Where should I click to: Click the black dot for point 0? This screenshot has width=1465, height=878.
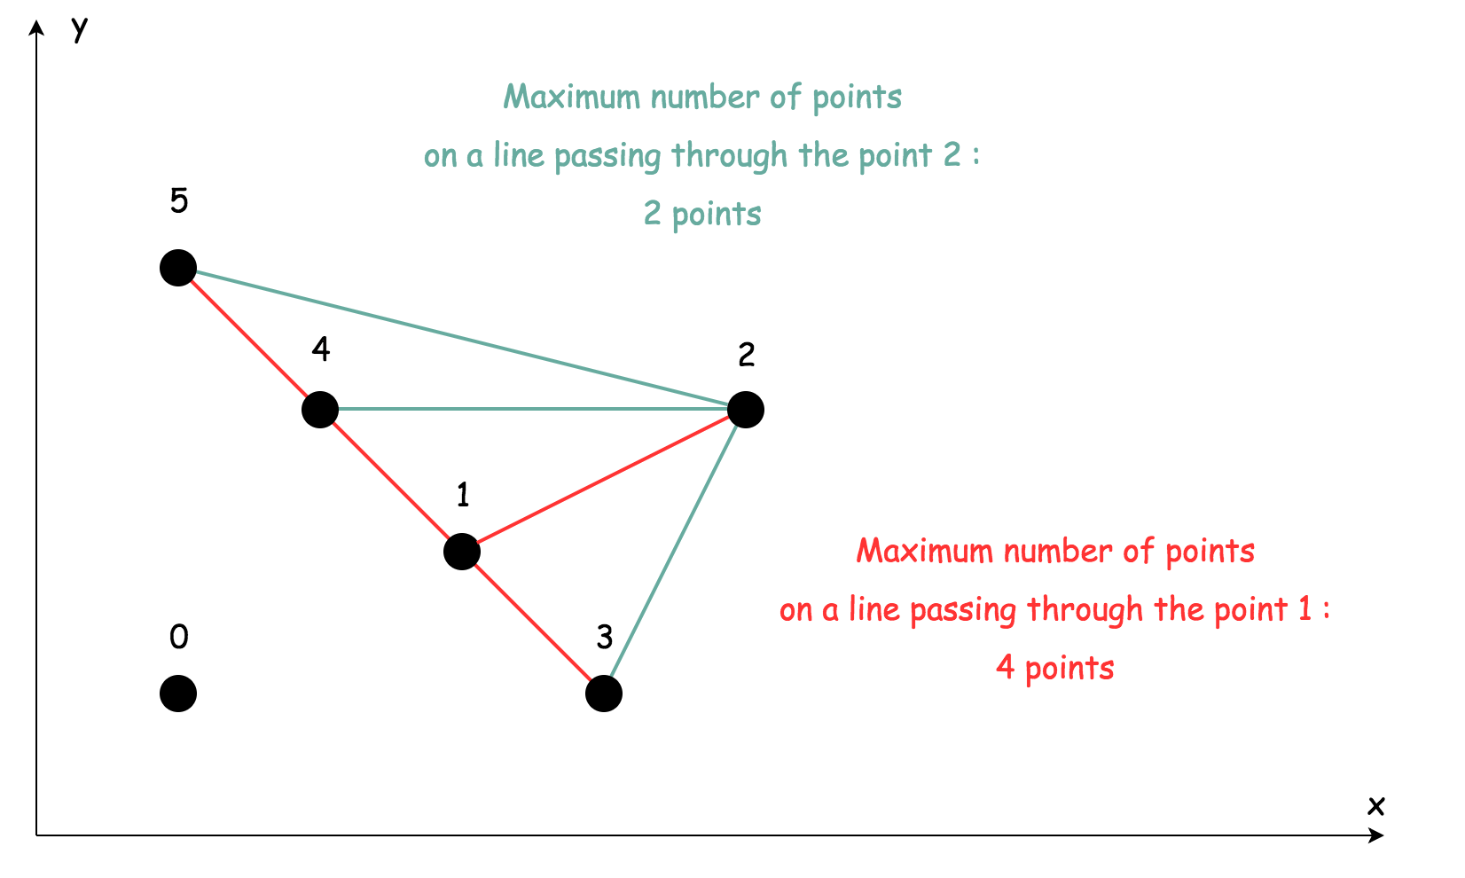click(x=178, y=694)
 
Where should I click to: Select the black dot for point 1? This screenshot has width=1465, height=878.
click(x=462, y=552)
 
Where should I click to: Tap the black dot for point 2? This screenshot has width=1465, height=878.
click(x=746, y=410)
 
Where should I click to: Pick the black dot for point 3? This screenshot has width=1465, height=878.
click(x=604, y=694)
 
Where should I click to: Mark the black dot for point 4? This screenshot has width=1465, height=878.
click(x=320, y=410)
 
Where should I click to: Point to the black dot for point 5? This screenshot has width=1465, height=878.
click(x=178, y=268)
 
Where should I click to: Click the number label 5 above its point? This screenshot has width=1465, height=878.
click(x=179, y=202)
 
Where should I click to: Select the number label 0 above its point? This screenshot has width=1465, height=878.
click(x=179, y=637)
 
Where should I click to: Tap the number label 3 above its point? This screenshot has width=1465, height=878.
click(x=605, y=637)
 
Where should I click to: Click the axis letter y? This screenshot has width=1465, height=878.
click(x=80, y=30)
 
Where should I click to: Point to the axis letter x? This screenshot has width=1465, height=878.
click(x=1375, y=805)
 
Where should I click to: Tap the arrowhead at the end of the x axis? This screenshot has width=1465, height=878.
click(x=1377, y=835)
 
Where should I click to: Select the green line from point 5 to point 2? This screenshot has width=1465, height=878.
click(x=461, y=339)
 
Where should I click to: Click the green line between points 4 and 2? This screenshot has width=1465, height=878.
click(x=532, y=409)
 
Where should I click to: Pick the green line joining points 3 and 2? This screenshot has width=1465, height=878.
click(x=675, y=552)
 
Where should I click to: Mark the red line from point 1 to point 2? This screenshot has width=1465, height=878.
click(x=604, y=481)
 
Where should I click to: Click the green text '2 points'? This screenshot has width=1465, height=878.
click(x=702, y=215)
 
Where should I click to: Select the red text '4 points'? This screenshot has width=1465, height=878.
click(x=1055, y=668)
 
